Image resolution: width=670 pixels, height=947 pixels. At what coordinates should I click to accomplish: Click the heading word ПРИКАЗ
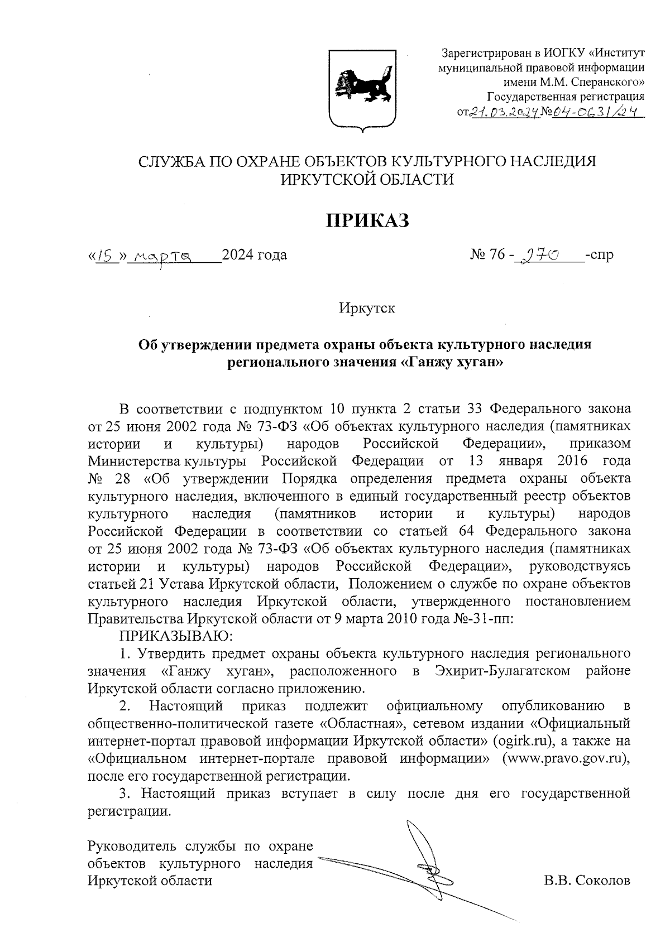tap(367, 220)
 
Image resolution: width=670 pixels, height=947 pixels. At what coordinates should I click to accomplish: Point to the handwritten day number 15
tap(106, 256)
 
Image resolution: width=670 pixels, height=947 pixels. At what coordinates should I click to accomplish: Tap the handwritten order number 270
tap(539, 256)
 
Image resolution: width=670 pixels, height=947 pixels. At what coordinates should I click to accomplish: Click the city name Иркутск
tap(367, 307)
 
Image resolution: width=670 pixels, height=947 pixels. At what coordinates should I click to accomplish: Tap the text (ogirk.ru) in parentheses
tap(523, 741)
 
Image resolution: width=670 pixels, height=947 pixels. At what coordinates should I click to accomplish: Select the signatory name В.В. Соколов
tap(587, 881)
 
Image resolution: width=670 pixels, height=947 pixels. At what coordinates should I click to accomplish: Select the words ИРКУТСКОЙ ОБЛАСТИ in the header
tap(367, 179)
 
